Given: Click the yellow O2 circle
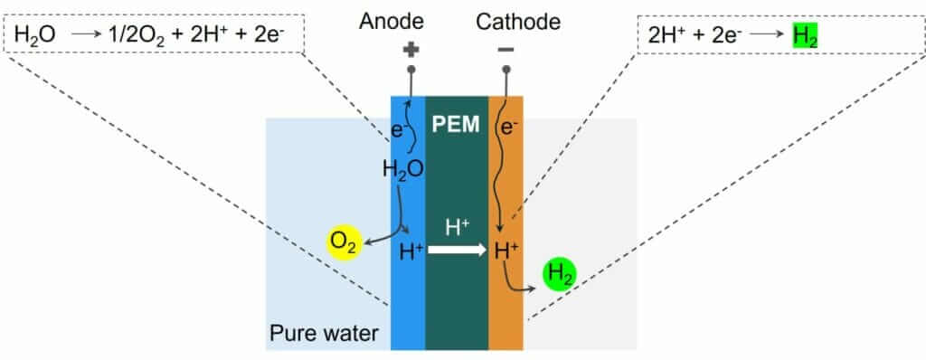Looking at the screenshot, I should pos(345,243).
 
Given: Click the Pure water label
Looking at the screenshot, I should pos(324,335).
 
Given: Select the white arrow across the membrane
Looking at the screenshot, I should pos(457,250).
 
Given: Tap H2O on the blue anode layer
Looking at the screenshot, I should pos(403,169).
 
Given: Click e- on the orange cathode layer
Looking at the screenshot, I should pos(509,128).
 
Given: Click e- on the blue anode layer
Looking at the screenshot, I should pos(398,128).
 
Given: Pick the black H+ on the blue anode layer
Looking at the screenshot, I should pos(411,250).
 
